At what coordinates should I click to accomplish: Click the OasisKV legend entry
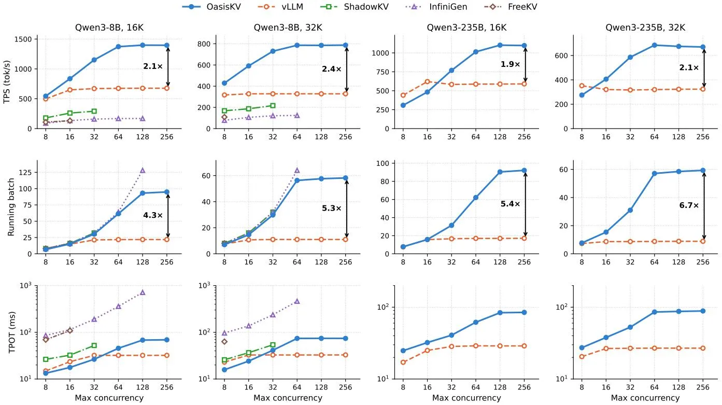click(211, 7)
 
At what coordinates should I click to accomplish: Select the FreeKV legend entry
click(511, 7)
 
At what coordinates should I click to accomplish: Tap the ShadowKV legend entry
click(355, 7)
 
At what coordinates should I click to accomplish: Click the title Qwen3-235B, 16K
click(466, 27)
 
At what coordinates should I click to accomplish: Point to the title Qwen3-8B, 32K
click(288, 27)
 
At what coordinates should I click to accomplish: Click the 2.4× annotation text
click(331, 69)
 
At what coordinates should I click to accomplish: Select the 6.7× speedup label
click(689, 205)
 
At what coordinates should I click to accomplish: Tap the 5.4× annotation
click(510, 204)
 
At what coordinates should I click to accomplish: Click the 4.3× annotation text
click(153, 215)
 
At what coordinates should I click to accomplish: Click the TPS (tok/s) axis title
click(7, 82)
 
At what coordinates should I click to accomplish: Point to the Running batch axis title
click(11, 207)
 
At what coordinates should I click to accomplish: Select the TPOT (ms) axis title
click(11, 332)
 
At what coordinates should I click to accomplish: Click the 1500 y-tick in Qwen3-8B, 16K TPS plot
click(23, 39)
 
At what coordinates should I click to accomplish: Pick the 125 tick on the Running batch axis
click(25, 173)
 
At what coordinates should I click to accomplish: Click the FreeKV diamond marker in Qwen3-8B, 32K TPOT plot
click(224, 342)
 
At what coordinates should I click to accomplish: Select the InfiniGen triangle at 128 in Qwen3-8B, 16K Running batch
click(143, 170)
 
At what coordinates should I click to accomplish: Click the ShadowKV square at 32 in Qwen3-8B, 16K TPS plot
click(94, 111)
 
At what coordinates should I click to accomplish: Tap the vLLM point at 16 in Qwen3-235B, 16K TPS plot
click(428, 81)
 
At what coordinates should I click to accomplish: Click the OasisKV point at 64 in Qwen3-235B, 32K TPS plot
click(654, 46)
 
